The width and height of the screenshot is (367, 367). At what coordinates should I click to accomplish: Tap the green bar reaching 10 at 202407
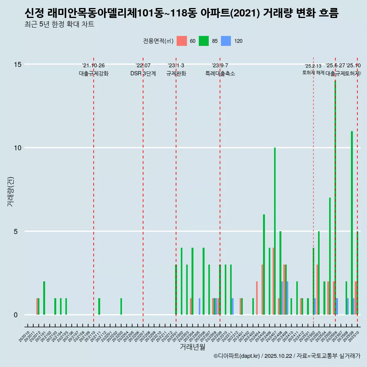click(x=274, y=231)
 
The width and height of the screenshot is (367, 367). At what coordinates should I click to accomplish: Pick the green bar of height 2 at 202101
click(x=44, y=298)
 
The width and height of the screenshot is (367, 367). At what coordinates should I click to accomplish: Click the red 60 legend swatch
click(x=182, y=41)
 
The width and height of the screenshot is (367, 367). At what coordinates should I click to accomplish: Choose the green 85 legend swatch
click(x=204, y=41)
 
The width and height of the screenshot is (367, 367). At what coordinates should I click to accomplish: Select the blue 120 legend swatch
click(x=226, y=41)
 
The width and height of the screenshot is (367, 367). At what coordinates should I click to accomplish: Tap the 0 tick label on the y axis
click(x=16, y=315)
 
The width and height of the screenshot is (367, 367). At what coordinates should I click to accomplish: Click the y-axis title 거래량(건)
click(x=10, y=191)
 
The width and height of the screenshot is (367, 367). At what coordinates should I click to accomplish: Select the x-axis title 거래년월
click(x=192, y=347)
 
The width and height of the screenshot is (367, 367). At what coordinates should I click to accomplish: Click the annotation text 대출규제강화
click(x=94, y=73)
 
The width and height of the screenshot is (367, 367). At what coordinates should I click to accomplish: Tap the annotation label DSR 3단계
click(x=143, y=73)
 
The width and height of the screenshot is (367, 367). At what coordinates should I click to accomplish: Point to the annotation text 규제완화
click(x=176, y=73)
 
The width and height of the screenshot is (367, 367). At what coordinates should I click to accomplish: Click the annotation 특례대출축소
click(x=220, y=73)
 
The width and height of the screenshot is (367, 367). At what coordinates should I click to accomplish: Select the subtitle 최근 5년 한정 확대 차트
click(x=59, y=24)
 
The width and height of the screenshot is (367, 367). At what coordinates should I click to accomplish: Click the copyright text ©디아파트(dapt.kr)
click(x=237, y=356)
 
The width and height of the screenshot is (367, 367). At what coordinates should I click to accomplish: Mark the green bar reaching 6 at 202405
click(x=264, y=265)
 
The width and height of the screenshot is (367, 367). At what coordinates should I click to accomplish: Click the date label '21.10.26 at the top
click(x=93, y=65)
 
